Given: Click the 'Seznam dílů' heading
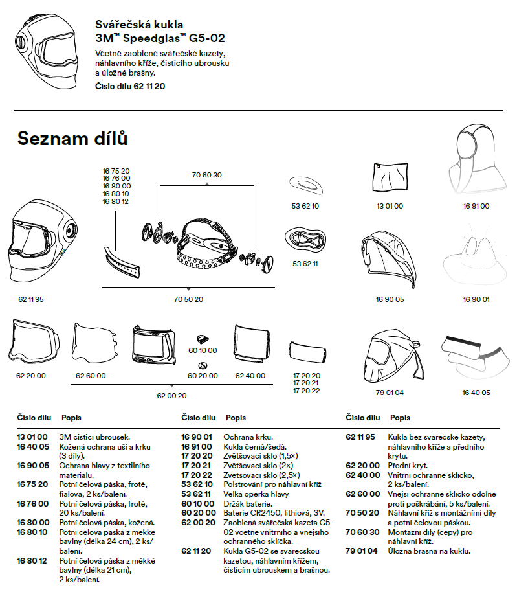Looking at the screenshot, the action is coord(72,138).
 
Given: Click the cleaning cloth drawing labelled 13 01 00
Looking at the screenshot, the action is coord(390,178).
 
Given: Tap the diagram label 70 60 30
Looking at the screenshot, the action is coord(206,175).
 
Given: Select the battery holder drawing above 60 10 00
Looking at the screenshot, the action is coord(203,339).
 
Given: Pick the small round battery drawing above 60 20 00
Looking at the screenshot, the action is coord(203,365).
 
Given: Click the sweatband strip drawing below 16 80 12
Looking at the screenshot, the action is coord(122,262).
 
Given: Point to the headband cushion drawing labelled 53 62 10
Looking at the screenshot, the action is coord(306,185).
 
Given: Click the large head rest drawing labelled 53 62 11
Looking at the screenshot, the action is coord(305,241).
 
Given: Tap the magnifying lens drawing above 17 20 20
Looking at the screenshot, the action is coord(307,352).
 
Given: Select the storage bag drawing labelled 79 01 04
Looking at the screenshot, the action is coord(392,356).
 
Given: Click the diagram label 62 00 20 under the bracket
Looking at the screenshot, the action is coord(171,396).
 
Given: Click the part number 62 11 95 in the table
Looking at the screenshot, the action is coord(360,437).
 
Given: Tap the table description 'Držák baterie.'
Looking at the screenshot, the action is coord(248,504).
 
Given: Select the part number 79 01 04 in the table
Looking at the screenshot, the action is coord(361,551).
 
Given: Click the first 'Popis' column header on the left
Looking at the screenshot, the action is coord(71,418).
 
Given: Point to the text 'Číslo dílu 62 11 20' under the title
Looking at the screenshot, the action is coord(130,86).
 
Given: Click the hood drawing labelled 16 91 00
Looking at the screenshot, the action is coord(477,160).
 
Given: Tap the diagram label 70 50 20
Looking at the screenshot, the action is coord(188,299).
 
